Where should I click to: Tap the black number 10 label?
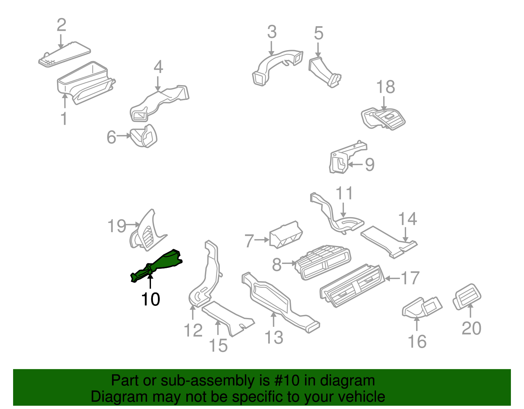click(x=150, y=299)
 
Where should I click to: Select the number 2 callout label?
click(x=62, y=25)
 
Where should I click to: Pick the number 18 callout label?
click(x=385, y=87)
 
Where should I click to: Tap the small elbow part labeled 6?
click(x=144, y=136)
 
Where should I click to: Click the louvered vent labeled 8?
click(x=323, y=262)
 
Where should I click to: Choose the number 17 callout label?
click(x=410, y=278)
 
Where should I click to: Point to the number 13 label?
click(x=274, y=337)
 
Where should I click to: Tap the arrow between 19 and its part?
click(x=133, y=225)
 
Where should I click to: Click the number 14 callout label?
click(x=407, y=219)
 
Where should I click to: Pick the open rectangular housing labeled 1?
click(x=85, y=82)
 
